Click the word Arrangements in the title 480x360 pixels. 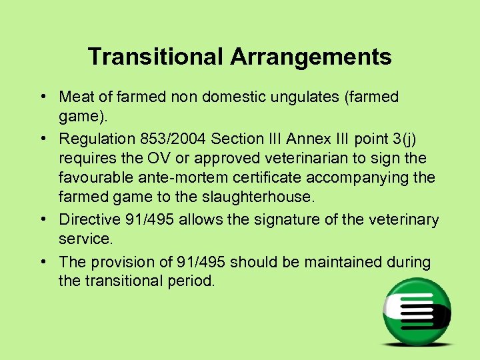(311, 57)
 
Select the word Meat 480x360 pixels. (77, 97)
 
